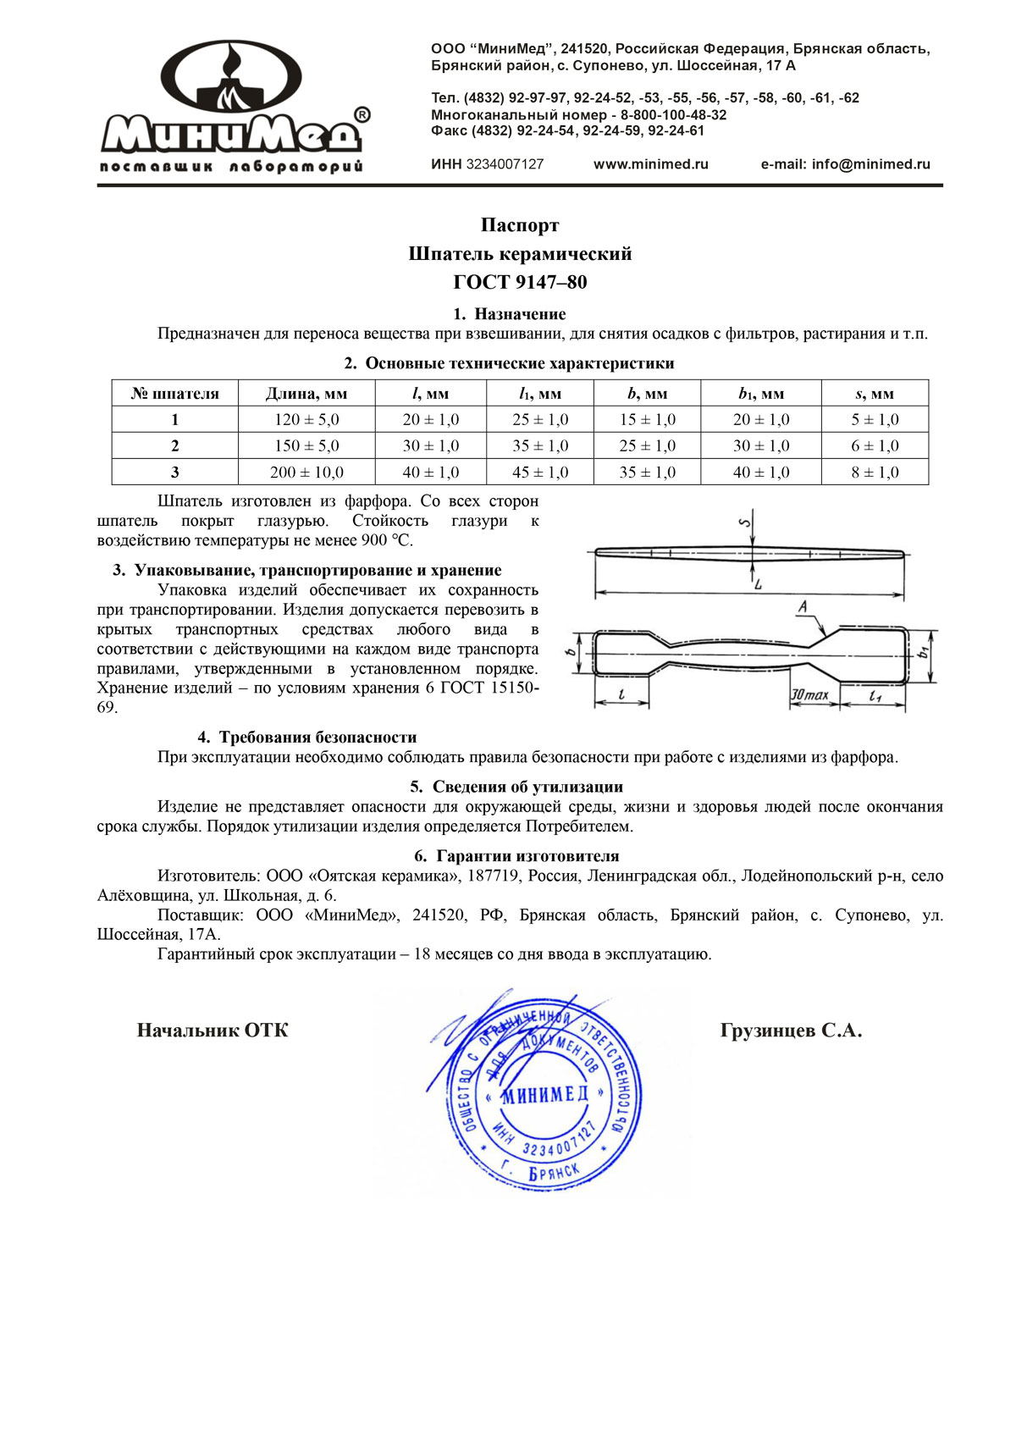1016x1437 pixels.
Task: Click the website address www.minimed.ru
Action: coord(650,164)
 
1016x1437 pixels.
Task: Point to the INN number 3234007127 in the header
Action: coord(505,164)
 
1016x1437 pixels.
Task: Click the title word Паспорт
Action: coord(520,225)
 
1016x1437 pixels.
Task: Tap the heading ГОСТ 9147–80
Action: coord(520,282)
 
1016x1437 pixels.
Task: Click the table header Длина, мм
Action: coord(306,394)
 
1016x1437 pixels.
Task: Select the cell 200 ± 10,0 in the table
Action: coord(306,473)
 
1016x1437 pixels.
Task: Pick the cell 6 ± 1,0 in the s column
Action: coord(875,446)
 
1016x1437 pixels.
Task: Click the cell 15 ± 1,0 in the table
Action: coord(647,420)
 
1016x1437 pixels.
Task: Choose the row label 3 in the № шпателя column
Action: coord(175,473)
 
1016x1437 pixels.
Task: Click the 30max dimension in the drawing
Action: coord(809,695)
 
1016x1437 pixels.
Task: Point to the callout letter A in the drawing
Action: coord(803,606)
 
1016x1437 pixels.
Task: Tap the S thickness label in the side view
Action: coord(745,522)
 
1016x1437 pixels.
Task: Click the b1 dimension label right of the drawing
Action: coord(924,651)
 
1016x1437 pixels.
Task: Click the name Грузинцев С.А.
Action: coord(791,1031)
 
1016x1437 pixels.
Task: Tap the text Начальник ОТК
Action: coord(213,1031)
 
